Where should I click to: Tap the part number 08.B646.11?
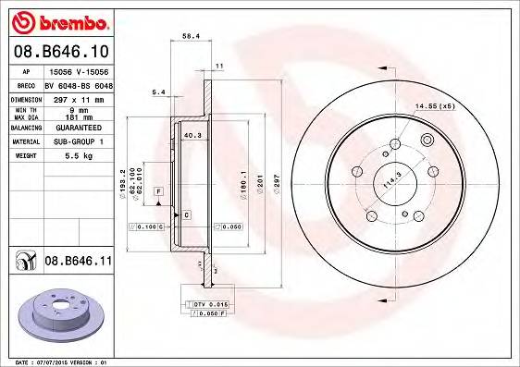pos(78,263)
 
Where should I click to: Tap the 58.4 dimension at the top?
pos(191,36)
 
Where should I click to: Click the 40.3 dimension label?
pos(192,136)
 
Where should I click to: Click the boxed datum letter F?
pos(159,190)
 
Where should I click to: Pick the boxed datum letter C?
pos(186,214)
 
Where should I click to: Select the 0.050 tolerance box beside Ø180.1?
pos(230,226)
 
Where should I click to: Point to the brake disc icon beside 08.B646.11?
pos(23,263)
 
